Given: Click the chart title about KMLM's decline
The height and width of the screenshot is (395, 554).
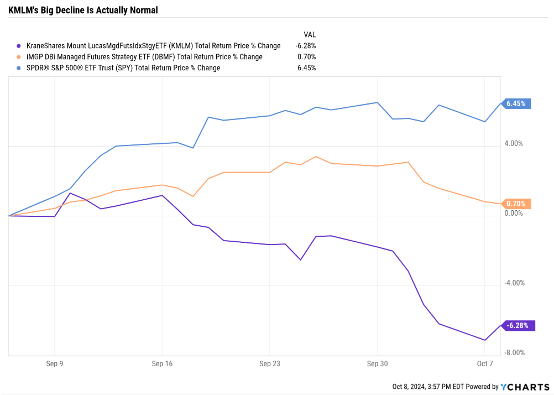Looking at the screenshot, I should pyautogui.click(x=83, y=11).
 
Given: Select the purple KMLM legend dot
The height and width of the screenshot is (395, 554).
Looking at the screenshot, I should pyautogui.click(x=19, y=46).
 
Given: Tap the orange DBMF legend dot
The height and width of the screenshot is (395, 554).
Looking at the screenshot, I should pyautogui.click(x=19, y=57).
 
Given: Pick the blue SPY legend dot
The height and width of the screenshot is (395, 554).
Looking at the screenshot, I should pyautogui.click(x=19, y=68).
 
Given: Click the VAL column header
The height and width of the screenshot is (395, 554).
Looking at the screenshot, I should pyautogui.click(x=310, y=34).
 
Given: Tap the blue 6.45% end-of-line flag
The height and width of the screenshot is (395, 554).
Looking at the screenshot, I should pyautogui.click(x=518, y=103).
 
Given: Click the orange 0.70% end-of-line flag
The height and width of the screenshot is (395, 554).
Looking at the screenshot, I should pyautogui.click(x=518, y=204).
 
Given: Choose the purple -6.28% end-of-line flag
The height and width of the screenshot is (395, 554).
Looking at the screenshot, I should pyautogui.click(x=519, y=325).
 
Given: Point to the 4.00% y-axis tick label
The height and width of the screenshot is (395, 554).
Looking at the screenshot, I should pyautogui.click(x=513, y=144).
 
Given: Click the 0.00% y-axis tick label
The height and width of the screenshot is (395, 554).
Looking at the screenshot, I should pyautogui.click(x=513, y=214).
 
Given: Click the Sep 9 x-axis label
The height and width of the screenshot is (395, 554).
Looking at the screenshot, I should pyautogui.click(x=54, y=363).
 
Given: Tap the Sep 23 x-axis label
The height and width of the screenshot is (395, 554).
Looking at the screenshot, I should pyautogui.click(x=269, y=363).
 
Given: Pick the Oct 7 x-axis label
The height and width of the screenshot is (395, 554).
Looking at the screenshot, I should pyautogui.click(x=484, y=363).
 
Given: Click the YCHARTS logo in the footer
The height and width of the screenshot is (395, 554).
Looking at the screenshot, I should pyautogui.click(x=525, y=387).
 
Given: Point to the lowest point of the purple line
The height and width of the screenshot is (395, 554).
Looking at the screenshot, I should pyautogui.click(x=485, y=340).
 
